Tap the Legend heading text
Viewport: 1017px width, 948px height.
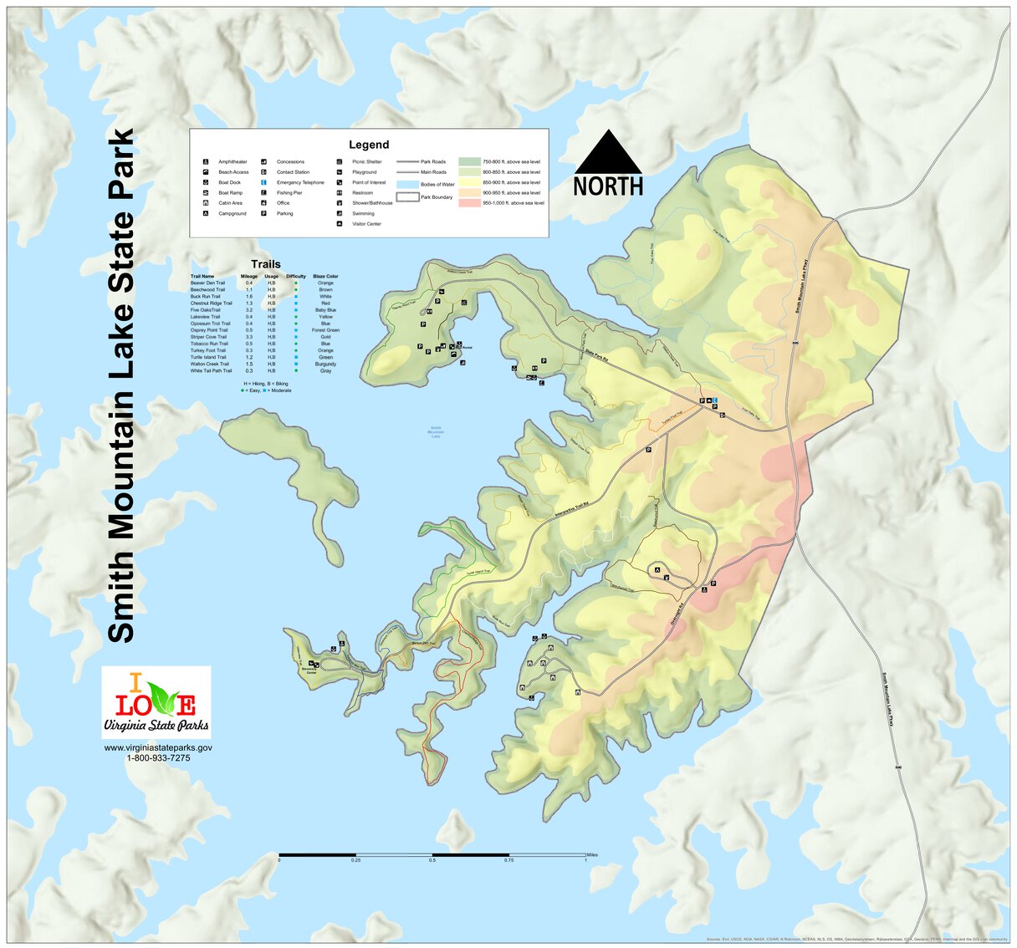[369, 145]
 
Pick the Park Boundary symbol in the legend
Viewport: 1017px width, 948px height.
[407, 197]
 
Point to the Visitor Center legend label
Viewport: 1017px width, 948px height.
[366, 224]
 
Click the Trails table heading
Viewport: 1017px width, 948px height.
[266, 264]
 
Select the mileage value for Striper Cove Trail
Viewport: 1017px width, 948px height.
[249, 337]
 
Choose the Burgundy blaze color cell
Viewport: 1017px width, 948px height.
[325, 364]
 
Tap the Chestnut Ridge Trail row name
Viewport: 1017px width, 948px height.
[211, 303]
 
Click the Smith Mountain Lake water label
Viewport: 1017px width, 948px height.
[435, 431]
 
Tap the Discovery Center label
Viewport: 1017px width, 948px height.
[309, 670]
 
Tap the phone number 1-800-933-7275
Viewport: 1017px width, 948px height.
[158, 758]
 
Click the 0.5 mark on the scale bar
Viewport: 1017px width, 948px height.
[432, 860]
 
